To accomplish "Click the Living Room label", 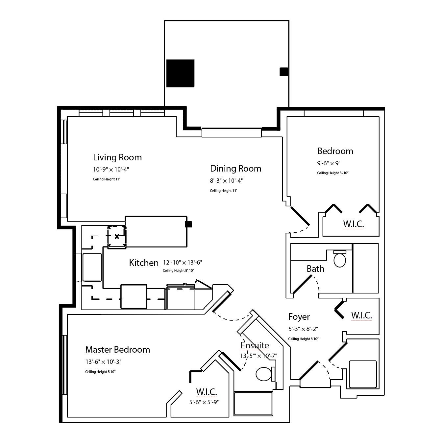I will coord(117,157).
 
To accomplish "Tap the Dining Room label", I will coord(235,169).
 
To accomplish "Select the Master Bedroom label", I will coord(117,349).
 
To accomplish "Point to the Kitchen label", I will coord(144,263).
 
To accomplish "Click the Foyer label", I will coord(299,317).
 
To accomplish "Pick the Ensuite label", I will coord(255,345).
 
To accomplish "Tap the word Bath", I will coord(315,269).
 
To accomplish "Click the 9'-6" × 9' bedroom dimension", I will coord(328,163).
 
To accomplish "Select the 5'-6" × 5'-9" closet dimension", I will coord(204,402).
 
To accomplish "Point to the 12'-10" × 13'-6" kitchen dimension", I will coord(183,263).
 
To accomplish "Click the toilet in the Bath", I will coord(340,260).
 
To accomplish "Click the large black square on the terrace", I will coord(180,73).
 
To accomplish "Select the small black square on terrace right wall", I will coord(284,72).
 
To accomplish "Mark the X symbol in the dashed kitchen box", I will coord(117,236).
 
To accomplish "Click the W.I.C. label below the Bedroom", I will coord(353,224).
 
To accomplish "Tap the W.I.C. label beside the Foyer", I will coord(361,315).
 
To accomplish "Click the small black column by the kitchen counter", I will coord(188,224).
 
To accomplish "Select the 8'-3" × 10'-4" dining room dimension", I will coord(226,181).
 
